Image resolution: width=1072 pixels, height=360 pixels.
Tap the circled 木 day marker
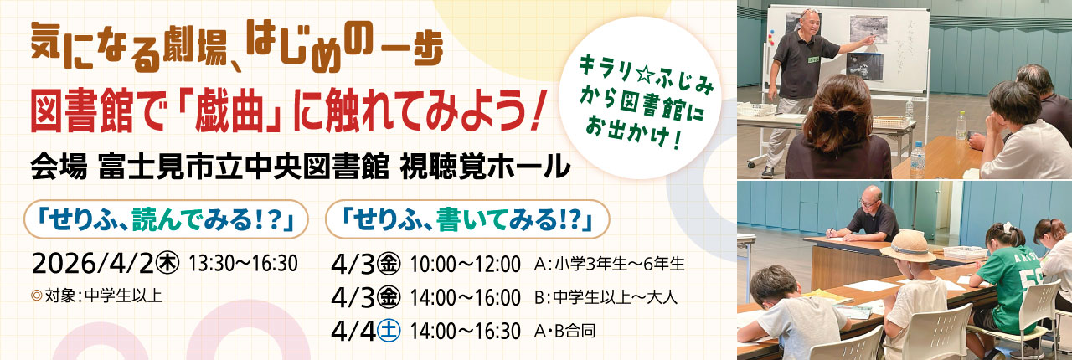[x=167, y=263]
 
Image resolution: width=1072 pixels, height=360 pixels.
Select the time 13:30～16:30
[x=243, y=263]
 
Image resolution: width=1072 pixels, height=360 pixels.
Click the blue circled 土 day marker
[x=389, y=330]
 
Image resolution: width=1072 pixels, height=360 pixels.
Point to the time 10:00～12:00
[x=465, y=264]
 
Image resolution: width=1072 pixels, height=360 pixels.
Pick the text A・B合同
[x=564, y=331]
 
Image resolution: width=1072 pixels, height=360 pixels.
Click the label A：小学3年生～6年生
[x=609, y=264]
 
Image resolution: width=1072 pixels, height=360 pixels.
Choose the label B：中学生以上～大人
[x=606, y=297]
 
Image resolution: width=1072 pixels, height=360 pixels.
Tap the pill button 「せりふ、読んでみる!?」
[x=166, y=219]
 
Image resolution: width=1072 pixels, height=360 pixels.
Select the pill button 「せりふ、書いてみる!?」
[x=467, y=219]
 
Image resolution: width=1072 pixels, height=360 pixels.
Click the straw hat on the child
[x=908, y=245]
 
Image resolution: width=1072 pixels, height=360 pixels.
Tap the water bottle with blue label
[x=917, y=161]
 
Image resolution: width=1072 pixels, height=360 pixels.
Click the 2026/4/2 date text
[x=94, y=263]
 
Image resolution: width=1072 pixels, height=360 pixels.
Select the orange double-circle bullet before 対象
[x=36, y=296]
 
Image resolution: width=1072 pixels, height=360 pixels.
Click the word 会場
[x=59, y=167]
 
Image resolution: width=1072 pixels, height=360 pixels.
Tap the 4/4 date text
[x=353, y=331]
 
